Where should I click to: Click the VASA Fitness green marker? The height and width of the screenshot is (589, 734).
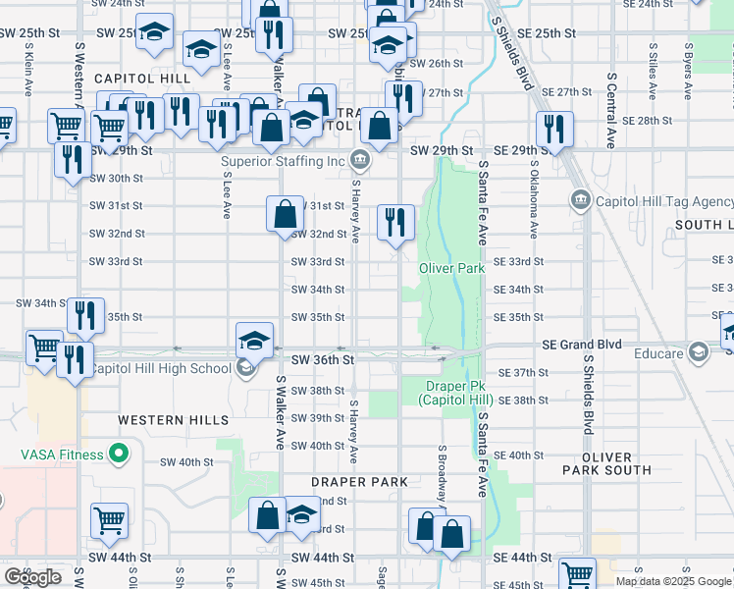point(119,454)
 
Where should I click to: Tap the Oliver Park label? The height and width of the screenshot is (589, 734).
point(451,268)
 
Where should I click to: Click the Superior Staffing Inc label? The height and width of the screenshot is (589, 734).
point(284,161)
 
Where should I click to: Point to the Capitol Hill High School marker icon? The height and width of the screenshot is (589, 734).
point(245,368)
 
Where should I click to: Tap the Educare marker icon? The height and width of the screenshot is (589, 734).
point(698,350)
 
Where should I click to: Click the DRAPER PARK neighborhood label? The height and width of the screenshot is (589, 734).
point(359,482)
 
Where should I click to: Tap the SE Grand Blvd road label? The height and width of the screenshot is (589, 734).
point(583,346)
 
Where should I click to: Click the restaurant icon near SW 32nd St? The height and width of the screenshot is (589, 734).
point(395,222)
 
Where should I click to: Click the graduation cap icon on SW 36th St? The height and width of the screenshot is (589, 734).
point(254,340)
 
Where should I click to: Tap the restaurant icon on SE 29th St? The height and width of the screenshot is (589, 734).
point(554,129)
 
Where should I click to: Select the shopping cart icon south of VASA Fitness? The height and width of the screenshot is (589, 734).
point(109,520)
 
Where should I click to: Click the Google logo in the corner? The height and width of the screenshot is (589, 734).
point(33,577)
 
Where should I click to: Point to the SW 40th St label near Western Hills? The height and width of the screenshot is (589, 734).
point(186,461)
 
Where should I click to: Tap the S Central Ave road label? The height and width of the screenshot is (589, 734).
point(610,108)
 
